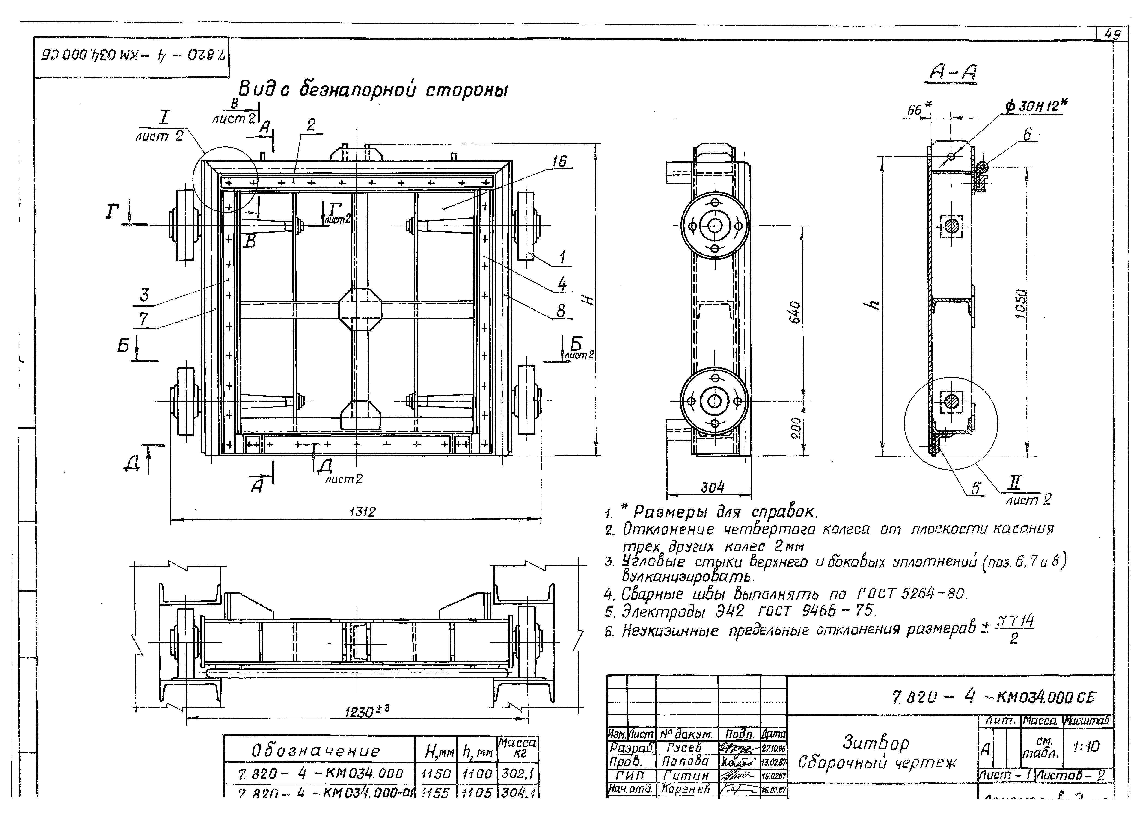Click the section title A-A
click(x=952, y=74)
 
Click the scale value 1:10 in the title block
click(x=1086, y=747)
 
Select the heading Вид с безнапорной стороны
click(x=372, y=90)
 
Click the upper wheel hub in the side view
click(x=714, y=226)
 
